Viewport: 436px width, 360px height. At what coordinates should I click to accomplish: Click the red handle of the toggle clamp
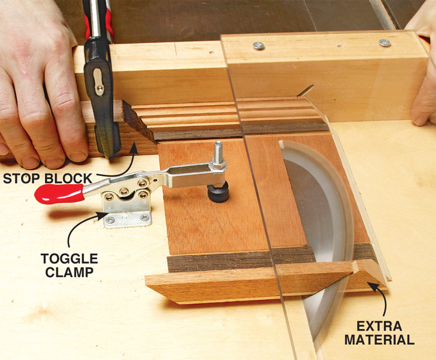pyautogui.click(x=59, y=193)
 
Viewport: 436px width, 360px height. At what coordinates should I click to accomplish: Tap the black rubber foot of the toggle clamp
pyautogui.click(x=219, y=192)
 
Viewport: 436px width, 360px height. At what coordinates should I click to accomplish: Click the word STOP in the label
pyautogui.click(x=21, y=179)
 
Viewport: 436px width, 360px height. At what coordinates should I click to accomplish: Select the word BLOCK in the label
pyautogui.click(x=69, y=179)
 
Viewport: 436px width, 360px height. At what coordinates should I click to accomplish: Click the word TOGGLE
pyautogui.click(x=70, y=259)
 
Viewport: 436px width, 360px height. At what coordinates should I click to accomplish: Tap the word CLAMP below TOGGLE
pyautogui.click(x=70, y=272)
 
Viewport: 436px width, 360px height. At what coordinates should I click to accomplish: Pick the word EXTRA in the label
pyautogui.click(x=379, y=326)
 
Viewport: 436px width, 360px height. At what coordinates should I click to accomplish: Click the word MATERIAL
pyautogui.click(x=379, y=340)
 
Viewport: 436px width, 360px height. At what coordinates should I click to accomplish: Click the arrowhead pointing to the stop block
pyautogui.click(x=134, y=148)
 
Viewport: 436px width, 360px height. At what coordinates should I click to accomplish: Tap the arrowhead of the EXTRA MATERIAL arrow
pyautogui.click(x=373, y=286)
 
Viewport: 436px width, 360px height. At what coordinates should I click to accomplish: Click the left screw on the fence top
pyautogui.click(x=258, y=46)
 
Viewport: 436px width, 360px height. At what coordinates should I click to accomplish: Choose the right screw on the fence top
pyautogui.click(x=385, y=42)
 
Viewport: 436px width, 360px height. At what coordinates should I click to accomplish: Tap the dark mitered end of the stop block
pyautogui.click(x=138, y=121)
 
